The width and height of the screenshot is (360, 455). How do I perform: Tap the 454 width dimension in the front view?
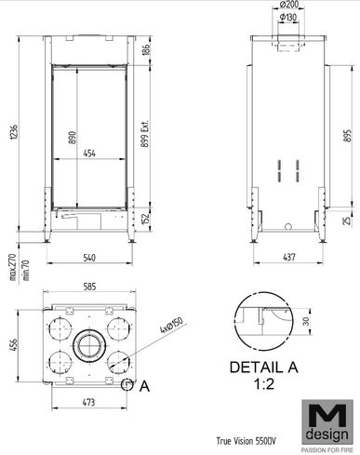pyautogui.click(x=89, y=154)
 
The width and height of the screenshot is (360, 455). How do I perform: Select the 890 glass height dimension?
pyautogui.click(x=72, y=138)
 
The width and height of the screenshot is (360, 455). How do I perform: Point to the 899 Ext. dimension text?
pyautogui.click(x=145, y=133)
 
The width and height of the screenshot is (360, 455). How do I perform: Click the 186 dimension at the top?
pyautogui.click(x=146, y=49)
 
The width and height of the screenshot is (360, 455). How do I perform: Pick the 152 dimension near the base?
pyautogui.click(x=146, y=219)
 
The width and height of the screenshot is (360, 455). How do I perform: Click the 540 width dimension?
pyautogui.click(x=89, y=258)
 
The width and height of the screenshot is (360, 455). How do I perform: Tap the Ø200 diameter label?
pyautogui.click(x=288, y=6)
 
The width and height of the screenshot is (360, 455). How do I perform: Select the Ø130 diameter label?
pyautogui.click(x=288, y=18)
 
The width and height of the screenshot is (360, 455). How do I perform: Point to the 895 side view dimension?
pyautogui.click(x=348, y=136)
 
